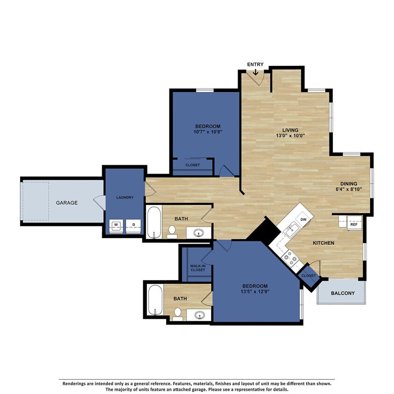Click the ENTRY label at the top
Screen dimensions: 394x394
[x=255, y=64]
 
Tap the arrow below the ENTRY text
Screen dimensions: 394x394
[x=255, y=72]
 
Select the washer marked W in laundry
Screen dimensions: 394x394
[x=116, y=225]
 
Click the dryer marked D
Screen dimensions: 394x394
[x=133, y=225]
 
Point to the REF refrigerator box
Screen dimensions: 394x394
[x=353, y=224]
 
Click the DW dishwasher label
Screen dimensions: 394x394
[x=303, y=219]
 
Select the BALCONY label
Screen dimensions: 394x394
[x=343, y=293]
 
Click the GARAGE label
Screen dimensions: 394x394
[x=67, y=203]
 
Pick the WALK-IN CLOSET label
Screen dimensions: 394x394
[x=197, y=267]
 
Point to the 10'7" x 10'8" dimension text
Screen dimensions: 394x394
[x=208, y=132]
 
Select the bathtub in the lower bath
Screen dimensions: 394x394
[x=155, y=301]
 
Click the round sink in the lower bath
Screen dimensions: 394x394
[x=200, y=315]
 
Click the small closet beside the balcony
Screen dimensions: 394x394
[x=308, y=275]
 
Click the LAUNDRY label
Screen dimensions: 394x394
[x=125, y=197]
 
